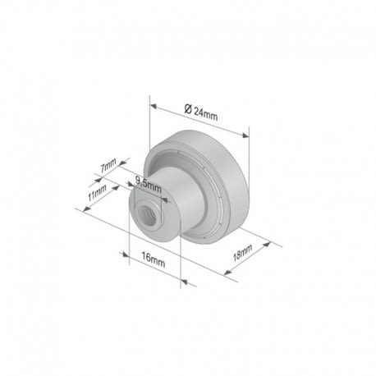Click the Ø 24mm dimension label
point(201,112)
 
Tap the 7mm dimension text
point(108,165)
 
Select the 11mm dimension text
point(97,192)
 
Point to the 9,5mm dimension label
point(149,184)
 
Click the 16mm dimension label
point(154,260)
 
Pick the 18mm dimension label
point(242,253)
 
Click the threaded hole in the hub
point(146,214)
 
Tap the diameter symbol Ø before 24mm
point(188,109)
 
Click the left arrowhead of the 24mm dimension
point(154,106)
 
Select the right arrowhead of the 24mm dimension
point(245,135)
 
